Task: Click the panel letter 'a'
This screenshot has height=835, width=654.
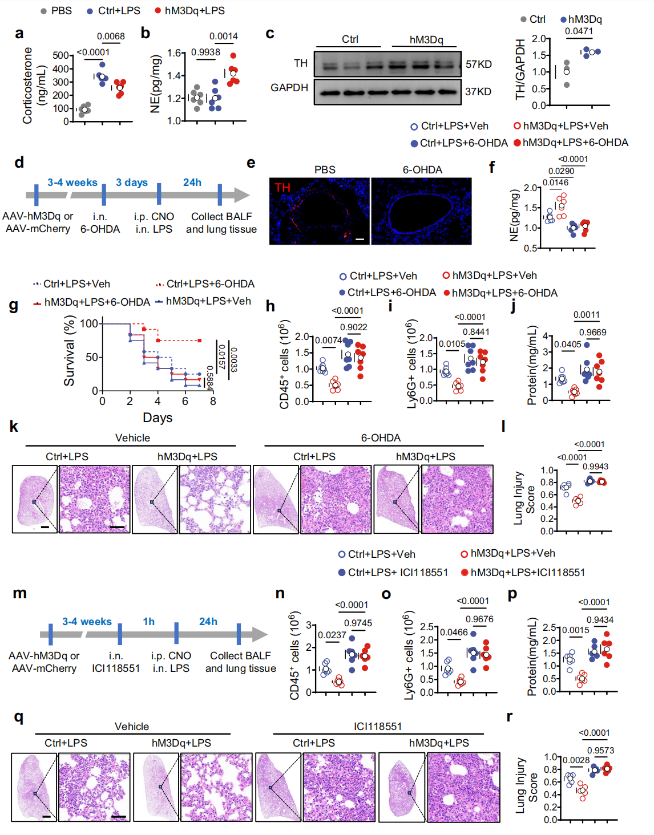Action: click(19, 33)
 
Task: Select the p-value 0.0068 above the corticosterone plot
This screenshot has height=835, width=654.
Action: click(111, 37)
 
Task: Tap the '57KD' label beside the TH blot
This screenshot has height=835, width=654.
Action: click(478, 64)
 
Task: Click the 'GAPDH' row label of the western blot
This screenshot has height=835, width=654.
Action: click(289, 88)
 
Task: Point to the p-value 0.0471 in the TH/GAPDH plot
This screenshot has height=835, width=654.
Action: click(579, 31)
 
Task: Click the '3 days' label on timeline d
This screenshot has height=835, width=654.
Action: click(132, 183)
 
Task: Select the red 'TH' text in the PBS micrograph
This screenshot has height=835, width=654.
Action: click(282, 187)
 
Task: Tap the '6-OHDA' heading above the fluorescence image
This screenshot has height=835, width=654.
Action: click(422, 170)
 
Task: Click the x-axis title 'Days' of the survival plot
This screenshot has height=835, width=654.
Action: click(158, 418)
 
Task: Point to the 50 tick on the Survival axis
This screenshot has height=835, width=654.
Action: click(91, 357)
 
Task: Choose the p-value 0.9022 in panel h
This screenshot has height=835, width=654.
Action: click(354, 327)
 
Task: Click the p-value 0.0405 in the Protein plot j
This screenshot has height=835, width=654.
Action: click(567, 344)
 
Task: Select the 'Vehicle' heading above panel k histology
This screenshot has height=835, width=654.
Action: click(132, 438)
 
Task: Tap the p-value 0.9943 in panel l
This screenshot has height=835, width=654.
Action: click(595, 467)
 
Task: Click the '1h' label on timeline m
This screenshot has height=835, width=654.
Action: click(149, 622)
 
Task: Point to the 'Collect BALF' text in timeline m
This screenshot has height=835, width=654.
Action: click(240, 656)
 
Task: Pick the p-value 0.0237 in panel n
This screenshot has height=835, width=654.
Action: click(332, 635)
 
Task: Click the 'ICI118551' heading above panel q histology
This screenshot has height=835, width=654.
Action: click(378, 727)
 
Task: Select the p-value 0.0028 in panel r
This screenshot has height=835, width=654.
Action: click(576, 760)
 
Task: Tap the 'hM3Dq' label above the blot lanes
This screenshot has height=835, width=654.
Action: click(426, 39)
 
